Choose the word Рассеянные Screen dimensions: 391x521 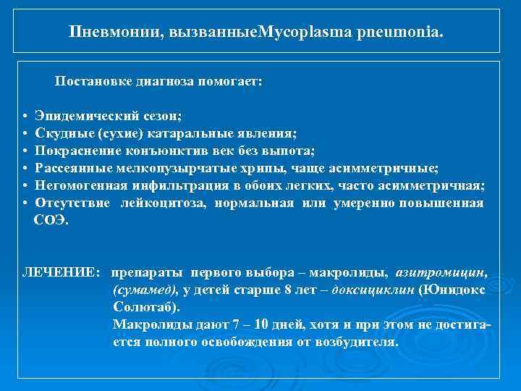point(75,168)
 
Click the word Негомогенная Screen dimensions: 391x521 point(80,185)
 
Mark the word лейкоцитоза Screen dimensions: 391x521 point(167,203)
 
